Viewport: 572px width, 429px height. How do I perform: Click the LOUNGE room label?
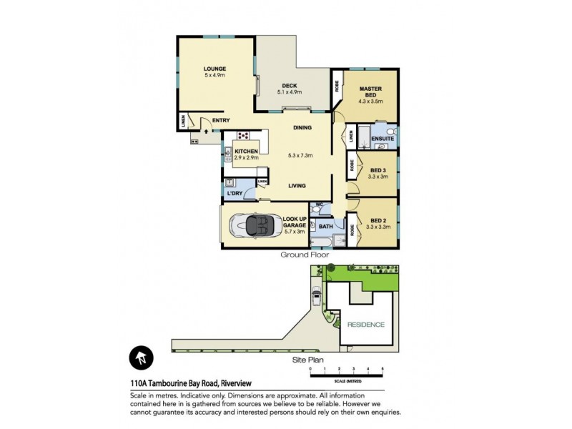(x=214, y=69)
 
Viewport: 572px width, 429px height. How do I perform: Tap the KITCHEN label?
(x=246, y=152)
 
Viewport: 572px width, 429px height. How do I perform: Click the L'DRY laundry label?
(x=234, y=194)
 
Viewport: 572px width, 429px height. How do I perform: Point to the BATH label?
(x=325, y=227)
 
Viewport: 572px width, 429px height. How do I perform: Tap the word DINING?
(x=303, y=128)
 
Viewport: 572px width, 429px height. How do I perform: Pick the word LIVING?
(x=297, y=186)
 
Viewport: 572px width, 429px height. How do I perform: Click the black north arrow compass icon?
(x=141, y=359)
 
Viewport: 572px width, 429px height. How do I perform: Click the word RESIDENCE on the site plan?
(x=365, y=325)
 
